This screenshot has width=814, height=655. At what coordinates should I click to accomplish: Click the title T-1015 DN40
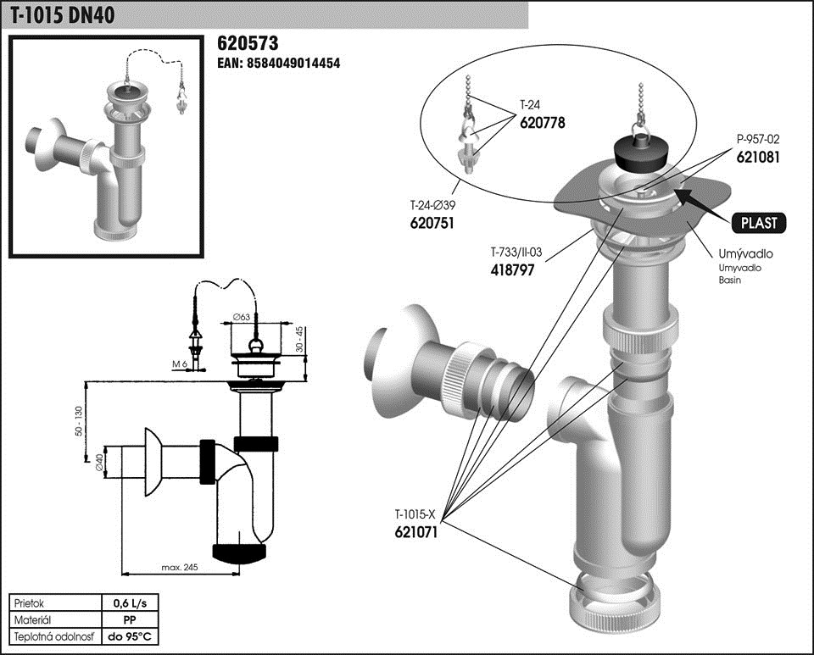click(x=63, y=14)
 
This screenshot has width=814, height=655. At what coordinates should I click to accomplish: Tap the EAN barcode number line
click(x=279, y=63)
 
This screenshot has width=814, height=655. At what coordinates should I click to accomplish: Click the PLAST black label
click(x=758, y=223)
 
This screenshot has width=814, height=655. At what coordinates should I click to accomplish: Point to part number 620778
click(x=542, y=123)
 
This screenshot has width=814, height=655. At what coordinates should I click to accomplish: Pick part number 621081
click(x=757, y=157)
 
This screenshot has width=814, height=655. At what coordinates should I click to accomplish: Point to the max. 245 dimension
click(x=178, y=567)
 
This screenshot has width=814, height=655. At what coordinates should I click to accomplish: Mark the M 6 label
click(x=178, y=364)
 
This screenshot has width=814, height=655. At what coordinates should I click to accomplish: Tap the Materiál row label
click(x=35, y=619)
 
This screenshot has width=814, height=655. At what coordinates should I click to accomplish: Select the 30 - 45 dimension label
click(x=298, y=340)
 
